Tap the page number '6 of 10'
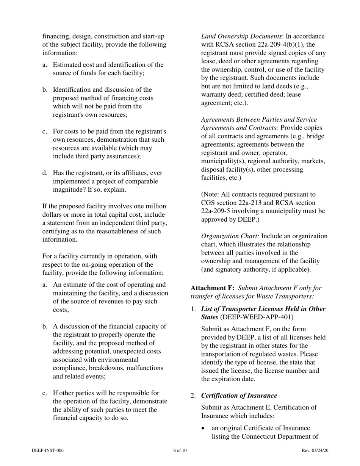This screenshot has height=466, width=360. [x=180, y=450]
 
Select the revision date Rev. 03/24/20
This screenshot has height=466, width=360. [x=313, y=450]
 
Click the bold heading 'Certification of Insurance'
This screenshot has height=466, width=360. [x=239, y=396]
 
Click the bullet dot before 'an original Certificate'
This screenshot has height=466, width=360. [x=204, y=428]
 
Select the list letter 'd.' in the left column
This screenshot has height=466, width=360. [x=45, y=173]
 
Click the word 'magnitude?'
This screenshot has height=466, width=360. [x=69, y=190]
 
